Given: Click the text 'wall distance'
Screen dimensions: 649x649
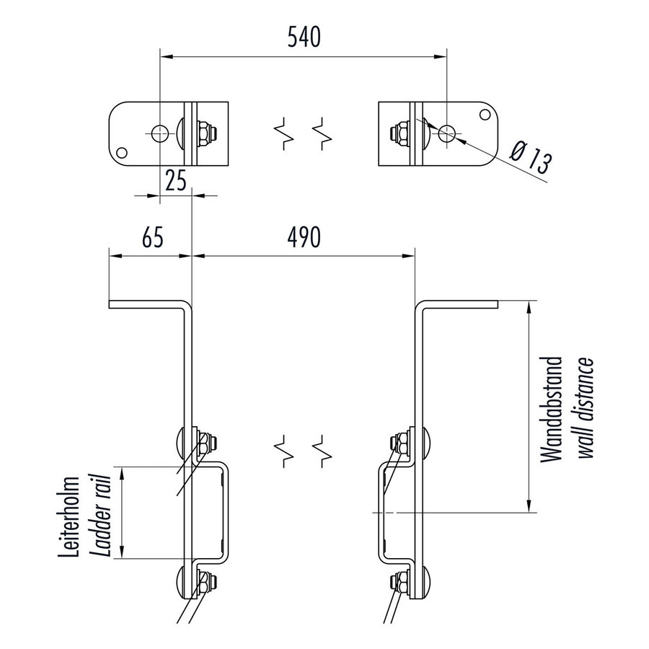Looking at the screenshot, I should pyautogui.click(x=586, y=407).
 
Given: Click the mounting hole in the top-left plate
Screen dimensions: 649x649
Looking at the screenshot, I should pyautogui.click(x=159, y=132).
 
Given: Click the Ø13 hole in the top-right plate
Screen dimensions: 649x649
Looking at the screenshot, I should pyautogui.click(x=447, y=132).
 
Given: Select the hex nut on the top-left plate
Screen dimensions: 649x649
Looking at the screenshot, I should pyautogui.click(x=205, y=132).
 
